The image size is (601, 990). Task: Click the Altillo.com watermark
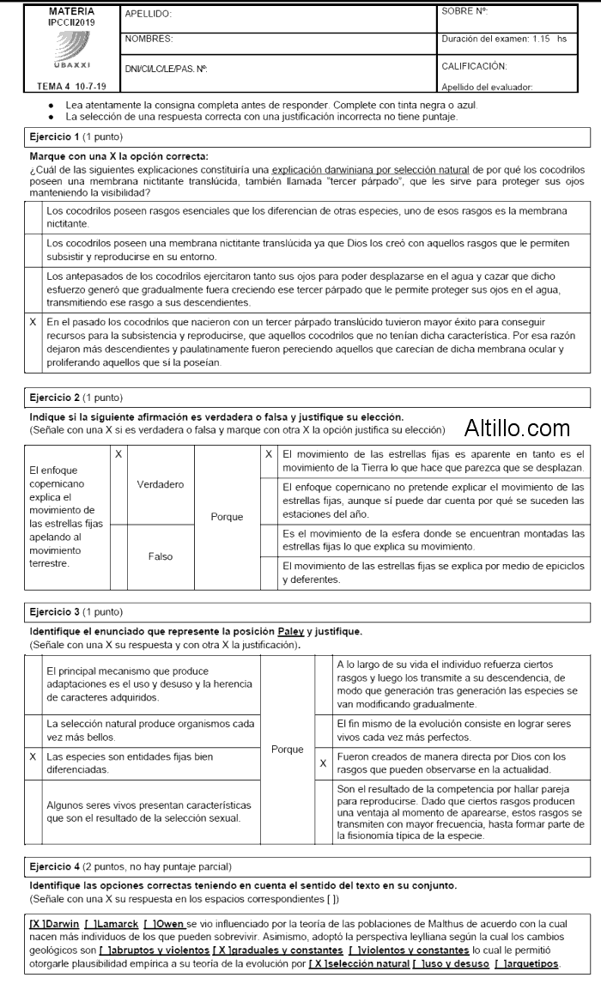tap(518, 427)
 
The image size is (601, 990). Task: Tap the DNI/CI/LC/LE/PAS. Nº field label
tap(167, 68)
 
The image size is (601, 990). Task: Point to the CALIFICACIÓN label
tap(474, 65)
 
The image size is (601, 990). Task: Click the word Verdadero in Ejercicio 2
tap(161, 484)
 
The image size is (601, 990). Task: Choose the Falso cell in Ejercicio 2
tap(161, 556)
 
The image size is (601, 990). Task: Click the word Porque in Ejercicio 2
tap(227, 517)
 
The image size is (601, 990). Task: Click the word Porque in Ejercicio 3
tap(287, 749)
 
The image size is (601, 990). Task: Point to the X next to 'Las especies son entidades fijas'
tap(33, 757)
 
